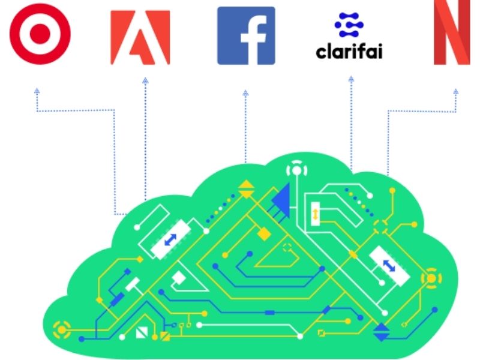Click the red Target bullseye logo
point(40,34)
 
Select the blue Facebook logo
point(246,35)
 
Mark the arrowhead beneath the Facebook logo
point(245,93)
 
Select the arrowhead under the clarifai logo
point(350,79)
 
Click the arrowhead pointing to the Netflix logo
point(456,92)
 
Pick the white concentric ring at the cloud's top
point(296,170)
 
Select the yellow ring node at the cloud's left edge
point(61,328)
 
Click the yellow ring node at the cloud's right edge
point(430,279)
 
